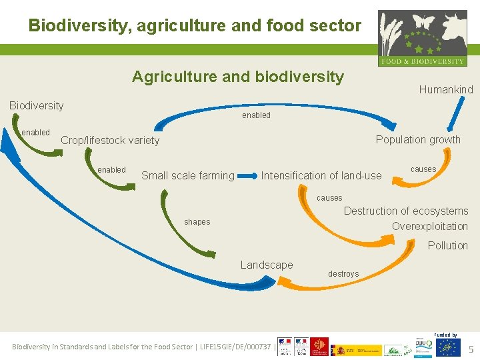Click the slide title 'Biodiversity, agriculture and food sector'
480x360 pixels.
pyautogui.click(x=195, y=26)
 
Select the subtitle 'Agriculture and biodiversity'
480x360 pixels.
pyautogui.click(x=238, y=77)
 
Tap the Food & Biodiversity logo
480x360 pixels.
pyautogui.click(x=422, y=38)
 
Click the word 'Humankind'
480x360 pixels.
pyautogui.click(x=446, y=89)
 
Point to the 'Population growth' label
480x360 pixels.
pyautogui.click(x=418, y=139)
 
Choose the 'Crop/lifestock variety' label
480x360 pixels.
pyautogui.click(x=110, y=140)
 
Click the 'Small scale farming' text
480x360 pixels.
pyautogui.click(x=188, y=176)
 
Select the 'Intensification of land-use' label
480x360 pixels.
pyautogui.click(x=321, y=176)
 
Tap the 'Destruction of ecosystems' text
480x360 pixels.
pyautogui.click(x=405, y=211)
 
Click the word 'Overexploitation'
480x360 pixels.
pyautogui.click(x=430, y=227)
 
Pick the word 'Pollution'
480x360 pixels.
pyautogui.click(x=447, y=246)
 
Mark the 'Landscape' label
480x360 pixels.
pyautogui.click(x=267, y=265)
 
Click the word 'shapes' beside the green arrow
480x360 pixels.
pyautogui.click(x=197, y=222)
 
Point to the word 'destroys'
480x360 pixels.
pyautogui.click(x=343, y=274)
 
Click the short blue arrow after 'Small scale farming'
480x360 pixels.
pyautogui.click(x=248, y=177)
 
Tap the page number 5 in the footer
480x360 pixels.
pyautogui.click(x=471, y=349)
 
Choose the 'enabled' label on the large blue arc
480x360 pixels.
pyautogui.click(x=256, y=115)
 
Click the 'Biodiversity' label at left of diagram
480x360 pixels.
pyautogui.click(x=36, y=105)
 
